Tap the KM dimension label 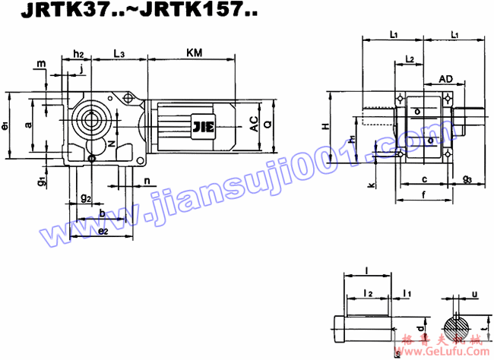pyautogui.click(x=195, y=52)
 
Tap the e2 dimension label pyautogui.click(x=104, y=230)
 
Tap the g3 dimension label pyautogui.click(x=467, y=179)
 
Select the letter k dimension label pyautogui.click(x=370, y=184)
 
